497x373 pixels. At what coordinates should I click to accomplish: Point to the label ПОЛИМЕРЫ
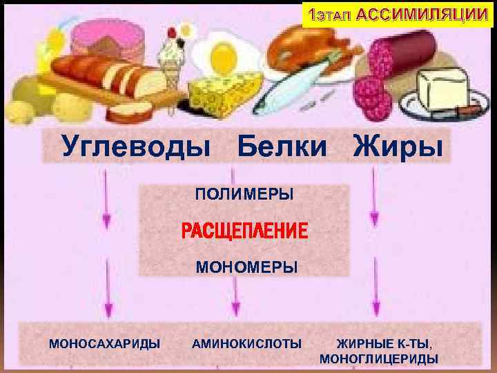click(x=244, y=195)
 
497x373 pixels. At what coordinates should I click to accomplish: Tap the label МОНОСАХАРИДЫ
click(x=105, y=343)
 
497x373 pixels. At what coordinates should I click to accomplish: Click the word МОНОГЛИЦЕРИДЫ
click(x=379, y=358)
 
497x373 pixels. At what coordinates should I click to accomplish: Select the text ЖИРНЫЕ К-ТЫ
click(x=384, y=343)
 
